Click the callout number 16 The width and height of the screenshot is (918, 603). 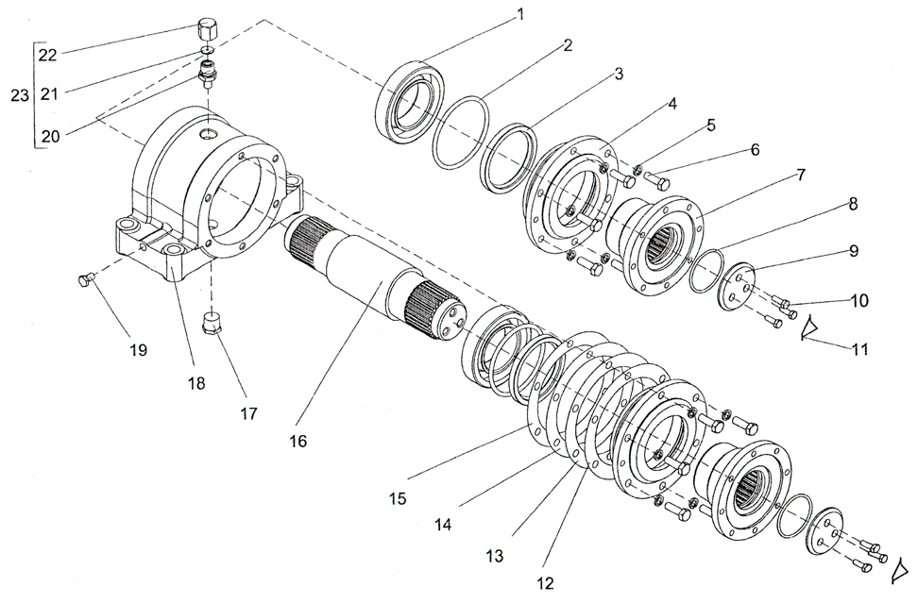297,440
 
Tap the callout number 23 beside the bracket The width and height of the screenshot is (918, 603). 18,95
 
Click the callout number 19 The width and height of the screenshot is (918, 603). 138,349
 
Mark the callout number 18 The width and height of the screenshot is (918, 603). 196,383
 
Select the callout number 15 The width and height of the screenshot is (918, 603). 398,497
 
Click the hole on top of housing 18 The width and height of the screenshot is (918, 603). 206,136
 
